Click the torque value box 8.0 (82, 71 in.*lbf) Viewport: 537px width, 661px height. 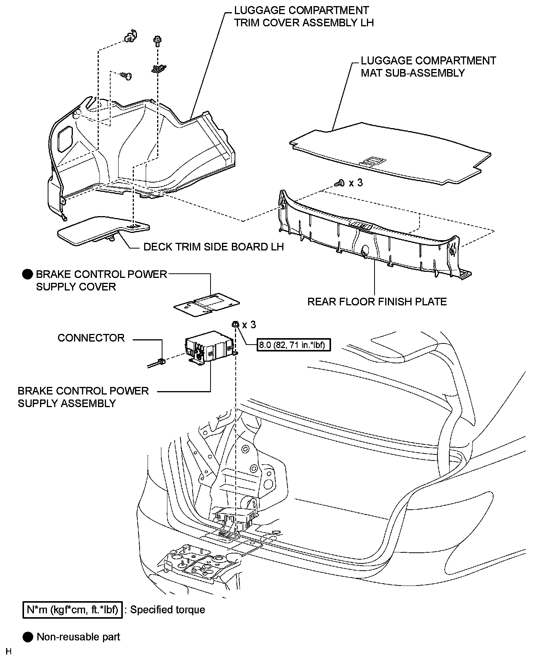pos(294,345)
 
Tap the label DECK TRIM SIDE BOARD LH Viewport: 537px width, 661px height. pos(214,247)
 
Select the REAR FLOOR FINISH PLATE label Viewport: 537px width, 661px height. pos(377,302)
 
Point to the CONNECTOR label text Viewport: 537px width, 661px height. pos(91,338)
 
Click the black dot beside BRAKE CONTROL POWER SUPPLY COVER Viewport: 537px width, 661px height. pos(28,274)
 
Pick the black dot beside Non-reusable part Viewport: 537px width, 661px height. pos(28,637)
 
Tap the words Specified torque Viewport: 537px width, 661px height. pos(168,610)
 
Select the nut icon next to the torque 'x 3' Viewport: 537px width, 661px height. pos(235,325)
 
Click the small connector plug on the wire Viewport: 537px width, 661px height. pos(161,361)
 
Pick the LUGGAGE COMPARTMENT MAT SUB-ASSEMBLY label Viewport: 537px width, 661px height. pos(428,67)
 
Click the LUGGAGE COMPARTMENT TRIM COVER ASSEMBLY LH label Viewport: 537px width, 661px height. pos(304,16)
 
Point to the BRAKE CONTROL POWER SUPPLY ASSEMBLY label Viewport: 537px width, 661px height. pos(83,397)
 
